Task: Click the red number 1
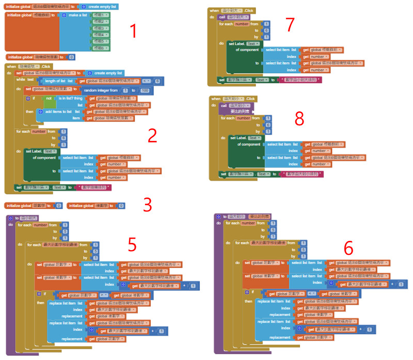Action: (x=133, y=31)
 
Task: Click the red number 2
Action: (x=152, y=135)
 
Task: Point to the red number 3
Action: (x=148, y=205)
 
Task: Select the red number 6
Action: (x=348, y=248)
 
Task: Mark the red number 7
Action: (x=290, y=24)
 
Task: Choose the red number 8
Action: (x=299, y=119)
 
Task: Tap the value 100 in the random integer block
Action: (x=145, y=90)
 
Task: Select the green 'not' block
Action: (x=49, y=98)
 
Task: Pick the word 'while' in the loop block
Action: (x=21, y=79)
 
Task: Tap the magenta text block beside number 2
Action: (x=94, y=187)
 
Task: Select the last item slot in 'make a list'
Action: (x=100, y=47)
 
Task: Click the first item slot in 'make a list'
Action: (x=100, y=15)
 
